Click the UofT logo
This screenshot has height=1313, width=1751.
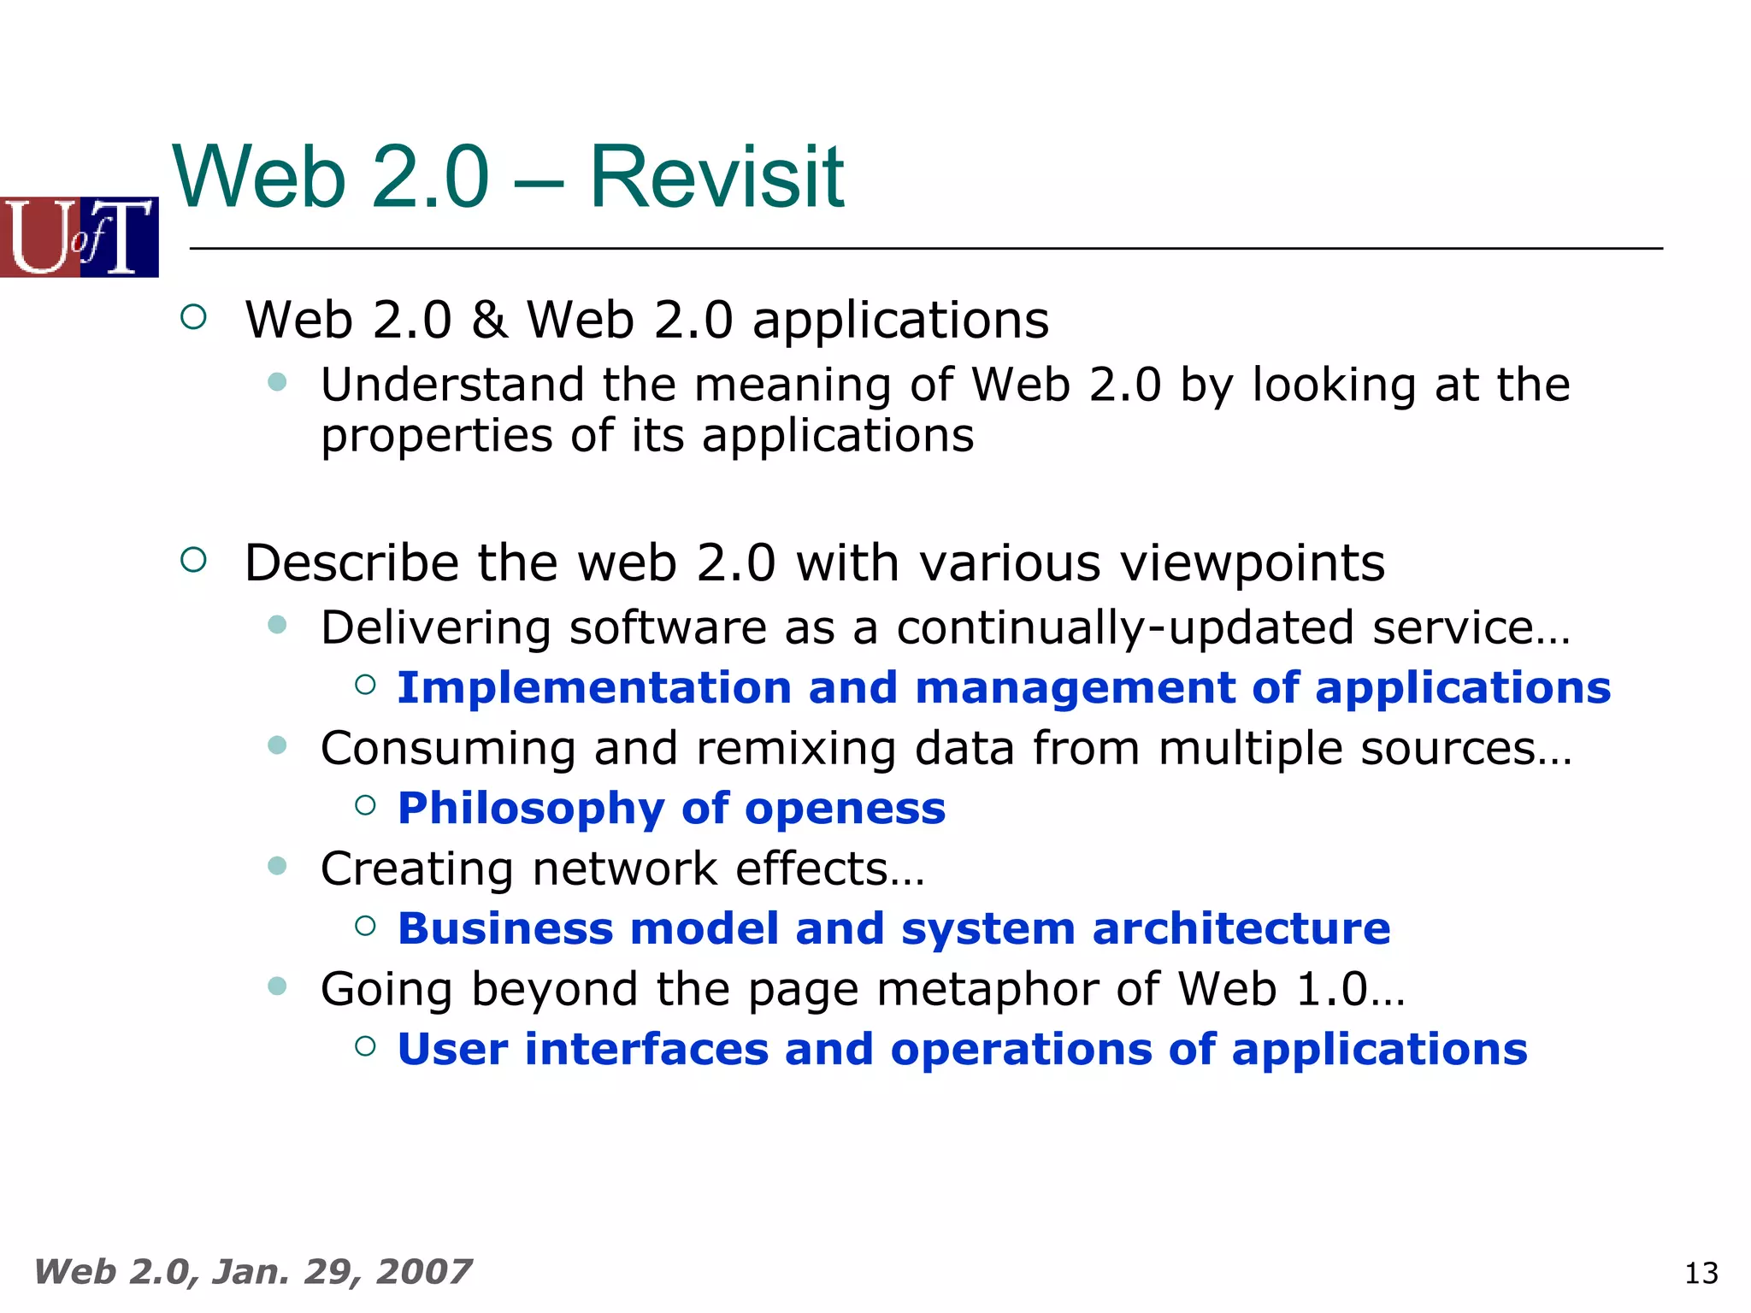click(80, 237)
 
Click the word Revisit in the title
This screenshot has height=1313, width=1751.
click(716, 177)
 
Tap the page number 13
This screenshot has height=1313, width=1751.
click(1701, 1274)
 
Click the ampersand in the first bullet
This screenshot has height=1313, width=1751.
click(488, 320)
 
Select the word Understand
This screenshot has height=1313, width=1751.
click(452, 385)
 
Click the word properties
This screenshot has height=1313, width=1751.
click(436, 436)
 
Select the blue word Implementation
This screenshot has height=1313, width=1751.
click(594, 688)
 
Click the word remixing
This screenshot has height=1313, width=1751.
click(796, 749)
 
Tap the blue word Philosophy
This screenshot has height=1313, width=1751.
click(531, 809)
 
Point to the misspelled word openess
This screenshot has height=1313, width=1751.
click(845, 809)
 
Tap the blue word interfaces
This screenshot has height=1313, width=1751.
click(646, 1050)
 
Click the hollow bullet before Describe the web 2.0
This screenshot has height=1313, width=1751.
click(194, 560)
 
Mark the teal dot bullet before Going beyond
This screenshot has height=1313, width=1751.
click(277, 986)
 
